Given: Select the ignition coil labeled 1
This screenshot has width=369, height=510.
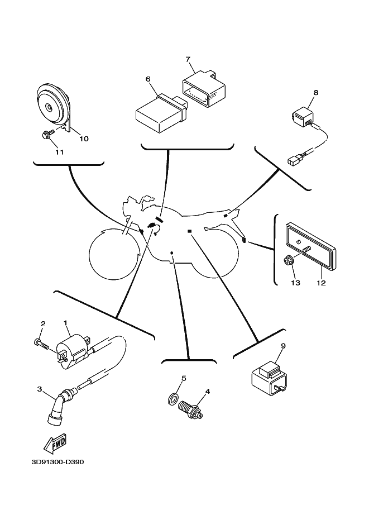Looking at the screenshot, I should [x=74, y=348].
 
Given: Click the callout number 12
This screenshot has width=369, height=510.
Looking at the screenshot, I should [x=320, y=283].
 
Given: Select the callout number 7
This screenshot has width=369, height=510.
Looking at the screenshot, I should [x=188, y=59].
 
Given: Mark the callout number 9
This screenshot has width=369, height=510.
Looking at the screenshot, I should [x=283, y=346].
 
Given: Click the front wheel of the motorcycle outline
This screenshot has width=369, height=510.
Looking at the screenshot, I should [x=113, y=254].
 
